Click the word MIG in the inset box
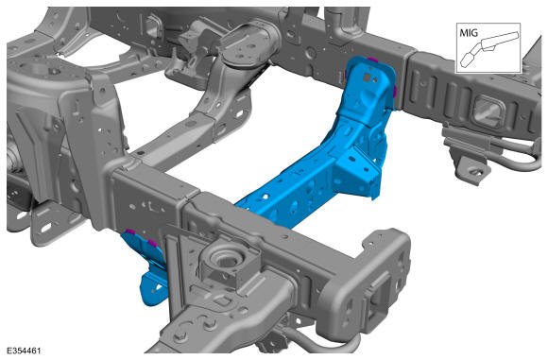(469, 32)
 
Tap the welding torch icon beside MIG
(489, 48)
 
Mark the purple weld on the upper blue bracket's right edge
(395, 92)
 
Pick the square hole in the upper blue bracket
(368, 77)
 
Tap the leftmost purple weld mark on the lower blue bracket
(130, 231)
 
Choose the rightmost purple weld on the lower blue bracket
(152, 242)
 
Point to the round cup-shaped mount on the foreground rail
(227, 261)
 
